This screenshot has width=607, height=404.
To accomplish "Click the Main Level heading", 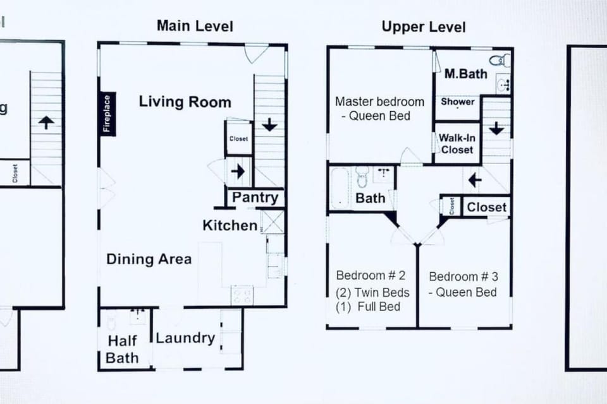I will [x=195, y=26].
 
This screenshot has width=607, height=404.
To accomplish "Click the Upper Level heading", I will [x=424, y=27].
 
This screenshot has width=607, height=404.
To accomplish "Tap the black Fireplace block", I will [x=106, y=114].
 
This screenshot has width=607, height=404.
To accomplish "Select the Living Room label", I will [x=185, y=102].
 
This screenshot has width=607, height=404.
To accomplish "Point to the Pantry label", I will [x=255, y=198].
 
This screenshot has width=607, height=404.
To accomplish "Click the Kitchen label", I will [x=230, y=225].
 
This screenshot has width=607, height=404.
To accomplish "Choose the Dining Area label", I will [x=149, y=259].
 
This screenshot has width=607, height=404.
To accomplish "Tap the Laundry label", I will [x=185, y=338].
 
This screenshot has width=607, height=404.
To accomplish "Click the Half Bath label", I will [x=123, y=350].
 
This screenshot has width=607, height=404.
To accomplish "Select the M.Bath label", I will [x=465, y=74].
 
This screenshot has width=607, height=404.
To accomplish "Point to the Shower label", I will [x=458, y=102].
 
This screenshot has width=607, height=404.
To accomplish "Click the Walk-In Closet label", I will [x=457, y=144].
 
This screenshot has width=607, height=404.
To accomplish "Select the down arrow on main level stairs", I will [x=270, y=125].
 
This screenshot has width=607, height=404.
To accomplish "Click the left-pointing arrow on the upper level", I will [x=474, y=181].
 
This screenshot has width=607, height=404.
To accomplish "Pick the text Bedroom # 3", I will [x=463, y=276].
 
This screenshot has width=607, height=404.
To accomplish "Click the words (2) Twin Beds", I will [x=372, y=292].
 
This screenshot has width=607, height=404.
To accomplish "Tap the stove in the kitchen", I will [x=242, y=295].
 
